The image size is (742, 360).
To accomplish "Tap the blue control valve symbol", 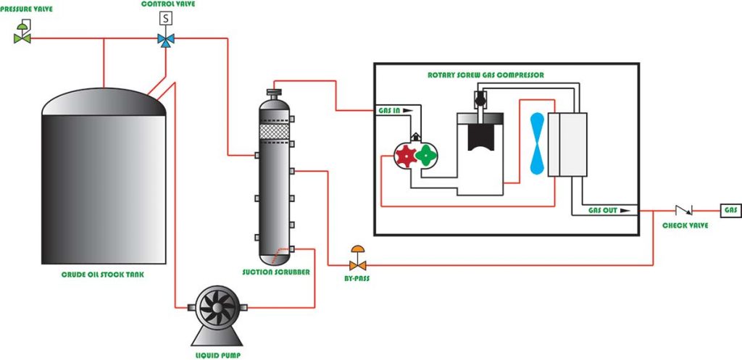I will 166,38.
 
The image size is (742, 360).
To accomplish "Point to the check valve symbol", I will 683,210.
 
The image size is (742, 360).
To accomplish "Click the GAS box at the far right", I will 730,210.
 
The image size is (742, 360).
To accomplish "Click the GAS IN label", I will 391,111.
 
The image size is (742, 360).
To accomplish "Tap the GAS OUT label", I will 603,210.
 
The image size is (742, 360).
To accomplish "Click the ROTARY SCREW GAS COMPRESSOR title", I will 485,75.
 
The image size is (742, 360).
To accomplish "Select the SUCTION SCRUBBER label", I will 276,273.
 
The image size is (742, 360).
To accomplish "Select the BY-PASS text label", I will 357,277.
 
